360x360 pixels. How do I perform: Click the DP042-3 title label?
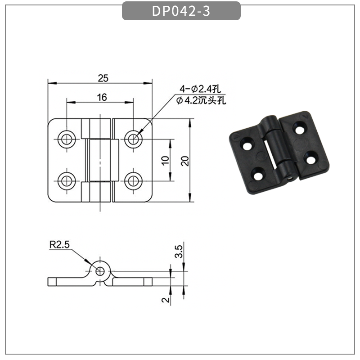click(x=181, y=11)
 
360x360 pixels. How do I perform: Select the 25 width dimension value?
click(x=103, y=78)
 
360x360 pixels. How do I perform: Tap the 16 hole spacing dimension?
click(x=101, y=98)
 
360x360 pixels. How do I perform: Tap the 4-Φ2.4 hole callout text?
click(x=198, y=88)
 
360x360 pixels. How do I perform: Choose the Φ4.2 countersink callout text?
click(x=201, y=100)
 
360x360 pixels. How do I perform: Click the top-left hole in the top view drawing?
click(x=67, y=139)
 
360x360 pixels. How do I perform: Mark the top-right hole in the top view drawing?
click(x=133, y=139)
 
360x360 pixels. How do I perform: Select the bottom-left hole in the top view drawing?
click(x=67, y=181)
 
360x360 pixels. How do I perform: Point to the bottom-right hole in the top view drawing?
click(x=133, y=181)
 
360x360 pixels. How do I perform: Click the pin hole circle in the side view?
click(x=99, y=271)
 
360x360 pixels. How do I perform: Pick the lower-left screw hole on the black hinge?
click(x=258, y=174)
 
